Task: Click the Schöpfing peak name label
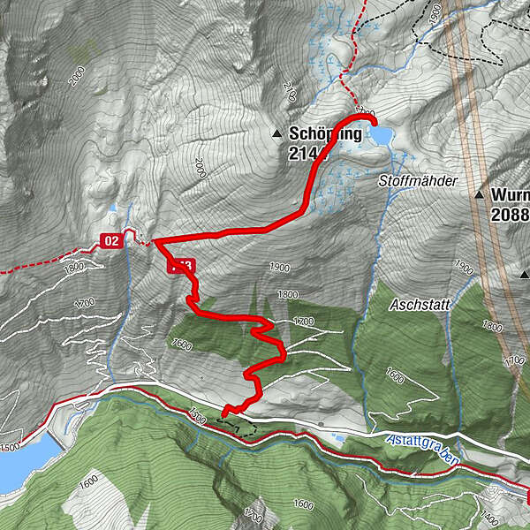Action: pyautogui.click(x=325, y=135)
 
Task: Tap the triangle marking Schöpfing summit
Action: pyautogui.click(x=277, y=135)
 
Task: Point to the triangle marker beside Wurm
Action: pyautogui.click(x=480, y=194)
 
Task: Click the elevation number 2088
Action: pyautogui.click(x=511, y=214)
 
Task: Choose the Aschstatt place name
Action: pyautogui.click(x=420, y=304)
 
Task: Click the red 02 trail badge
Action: pyautogui.click(x=110, y=240)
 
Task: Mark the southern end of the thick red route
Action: pyautogui.click(x=225, y=412)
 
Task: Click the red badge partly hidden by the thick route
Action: pyautogui.click(x=180, y=265)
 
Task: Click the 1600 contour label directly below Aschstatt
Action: pyautogui.click(x=395, y=376)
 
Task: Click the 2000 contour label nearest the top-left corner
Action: pyautogui.click(x=79, y=74)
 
